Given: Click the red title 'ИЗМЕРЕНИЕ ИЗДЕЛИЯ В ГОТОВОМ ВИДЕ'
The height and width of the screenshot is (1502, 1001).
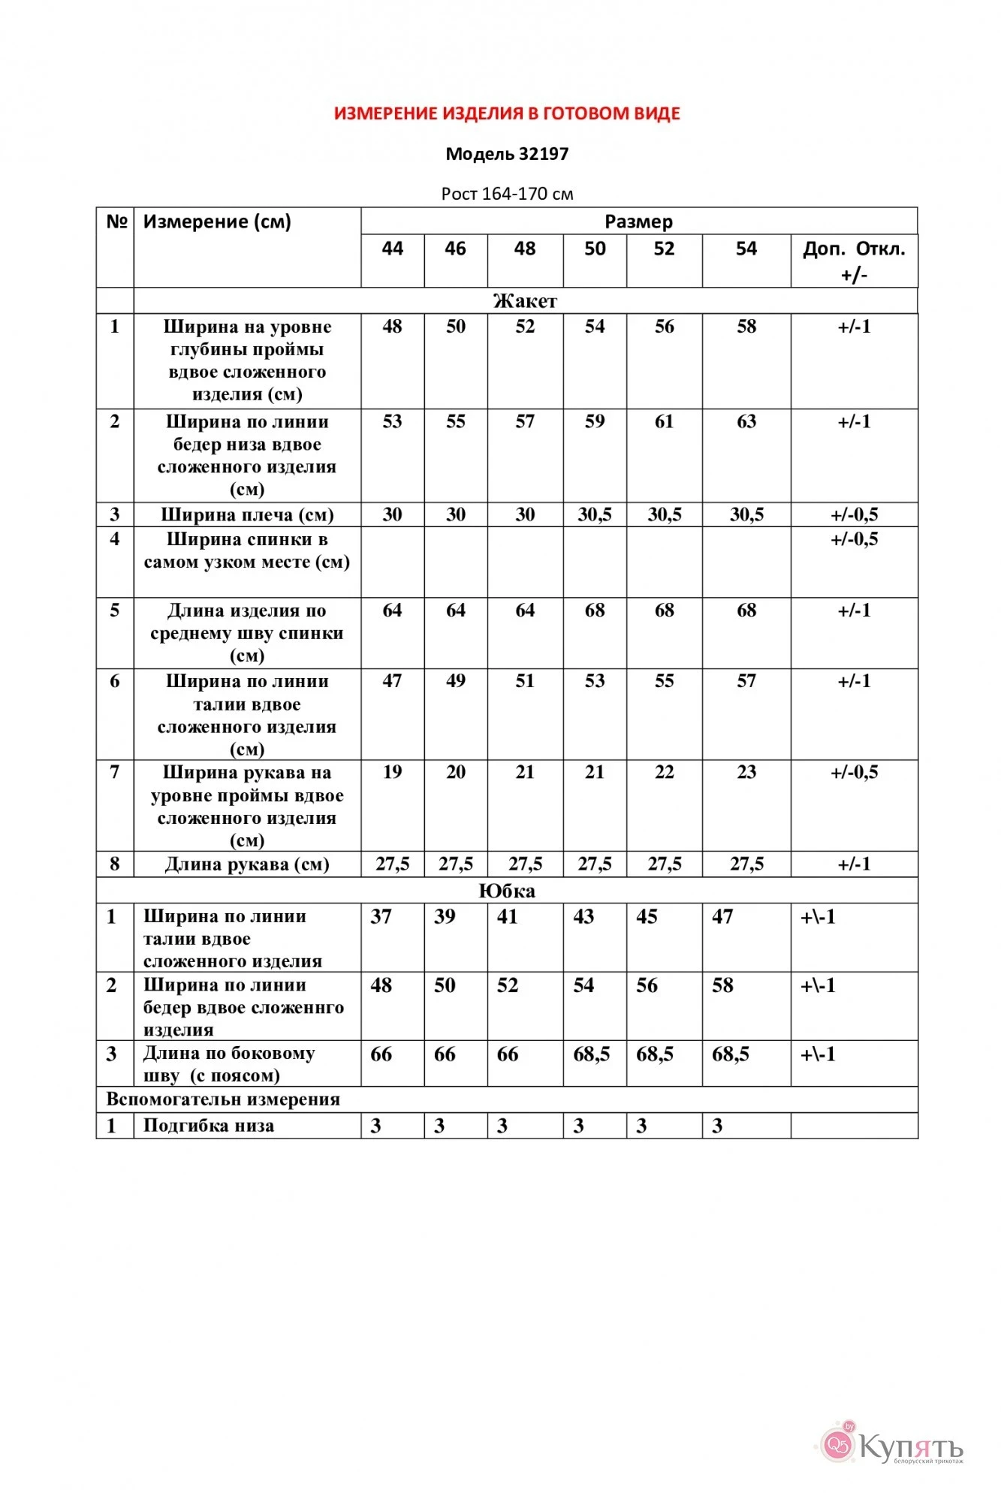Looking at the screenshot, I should coord(507,113).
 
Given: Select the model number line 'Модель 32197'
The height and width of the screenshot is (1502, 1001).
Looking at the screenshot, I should coord(507,154).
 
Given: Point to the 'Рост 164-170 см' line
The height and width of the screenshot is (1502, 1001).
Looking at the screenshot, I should coord(507,194).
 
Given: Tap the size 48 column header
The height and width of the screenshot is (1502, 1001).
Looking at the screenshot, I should coord(525,249).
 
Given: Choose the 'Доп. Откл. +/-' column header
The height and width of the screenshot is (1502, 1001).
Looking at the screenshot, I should coord(854,261).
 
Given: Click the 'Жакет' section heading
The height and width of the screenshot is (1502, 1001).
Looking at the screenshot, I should coord(525,301).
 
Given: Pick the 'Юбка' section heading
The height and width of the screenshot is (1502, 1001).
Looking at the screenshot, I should coord(507,891).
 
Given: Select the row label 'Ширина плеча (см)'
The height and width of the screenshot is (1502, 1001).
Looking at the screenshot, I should coord(247,514).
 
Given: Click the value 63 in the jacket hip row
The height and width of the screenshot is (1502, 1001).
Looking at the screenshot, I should coord(746,421).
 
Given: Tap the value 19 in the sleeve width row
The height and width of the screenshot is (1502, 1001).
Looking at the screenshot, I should coord(392,772).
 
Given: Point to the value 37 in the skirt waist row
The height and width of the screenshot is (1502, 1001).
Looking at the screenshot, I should coord(381,916).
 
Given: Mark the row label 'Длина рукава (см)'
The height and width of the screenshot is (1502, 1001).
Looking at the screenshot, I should coord(247,864).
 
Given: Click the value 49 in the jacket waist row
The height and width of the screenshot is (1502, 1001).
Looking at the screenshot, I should coord(456,681).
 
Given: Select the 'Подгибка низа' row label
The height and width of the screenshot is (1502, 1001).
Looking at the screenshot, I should coord(209,1125).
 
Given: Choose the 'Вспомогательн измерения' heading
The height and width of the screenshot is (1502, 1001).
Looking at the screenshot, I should coord(223,1099).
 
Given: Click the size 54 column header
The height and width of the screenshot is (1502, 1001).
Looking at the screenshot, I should coord(746,249).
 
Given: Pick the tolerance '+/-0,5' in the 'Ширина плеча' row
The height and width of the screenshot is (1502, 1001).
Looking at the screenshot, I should coord(854,514).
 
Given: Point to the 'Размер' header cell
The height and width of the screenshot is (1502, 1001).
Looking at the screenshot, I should coord(638,222).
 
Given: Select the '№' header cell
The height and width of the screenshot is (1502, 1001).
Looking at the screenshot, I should coord(116,222).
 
